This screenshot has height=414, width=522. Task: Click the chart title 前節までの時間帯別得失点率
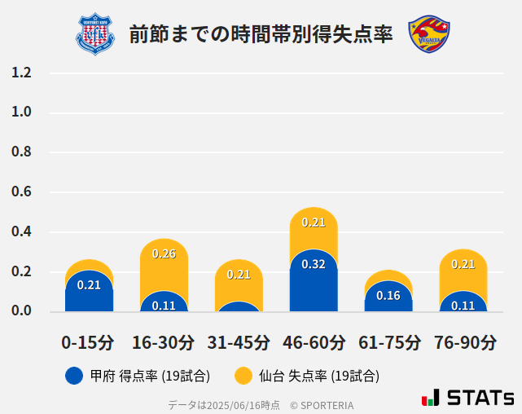tap(261, 34)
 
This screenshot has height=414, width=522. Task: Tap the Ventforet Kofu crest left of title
tap(95, 34)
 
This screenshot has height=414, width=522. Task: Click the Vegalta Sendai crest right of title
tap(429, 34)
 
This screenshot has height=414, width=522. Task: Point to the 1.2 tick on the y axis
tap(21, 73)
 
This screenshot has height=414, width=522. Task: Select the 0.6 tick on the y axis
tap(21, 192)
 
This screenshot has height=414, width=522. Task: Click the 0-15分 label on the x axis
tap(88, 342)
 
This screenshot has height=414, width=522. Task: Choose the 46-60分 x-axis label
tap(314, 342)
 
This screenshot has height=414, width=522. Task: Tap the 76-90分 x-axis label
tap(463, 342)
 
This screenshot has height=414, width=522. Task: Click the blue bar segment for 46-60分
tap(314, 285)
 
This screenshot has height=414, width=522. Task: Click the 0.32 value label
tap(314, 264)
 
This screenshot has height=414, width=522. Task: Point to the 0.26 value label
tap(164, 253)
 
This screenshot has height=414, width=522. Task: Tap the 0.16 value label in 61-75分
tap(388, 296)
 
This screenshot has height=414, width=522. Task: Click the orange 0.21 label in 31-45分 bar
tap(239, 275)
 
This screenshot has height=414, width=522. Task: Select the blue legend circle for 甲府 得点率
tap(73, 376)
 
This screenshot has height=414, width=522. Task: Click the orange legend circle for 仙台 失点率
tap(243, 376)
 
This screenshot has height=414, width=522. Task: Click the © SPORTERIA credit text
tap(322, 405)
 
